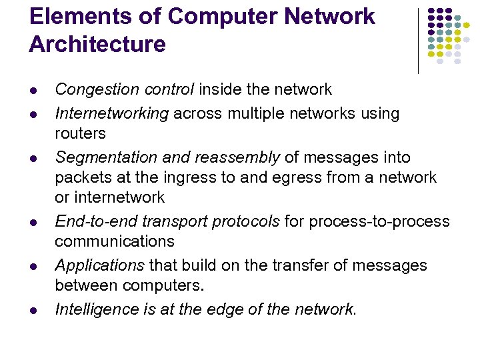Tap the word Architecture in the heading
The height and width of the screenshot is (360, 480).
click(97, 45)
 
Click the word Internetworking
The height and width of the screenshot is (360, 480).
click(111, 113)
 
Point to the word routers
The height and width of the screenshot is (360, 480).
click(80, 133)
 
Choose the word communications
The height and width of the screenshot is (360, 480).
click(115, 241)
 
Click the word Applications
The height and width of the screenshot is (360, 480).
click(99, 265)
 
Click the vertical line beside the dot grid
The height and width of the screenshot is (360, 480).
click(418, 40)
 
